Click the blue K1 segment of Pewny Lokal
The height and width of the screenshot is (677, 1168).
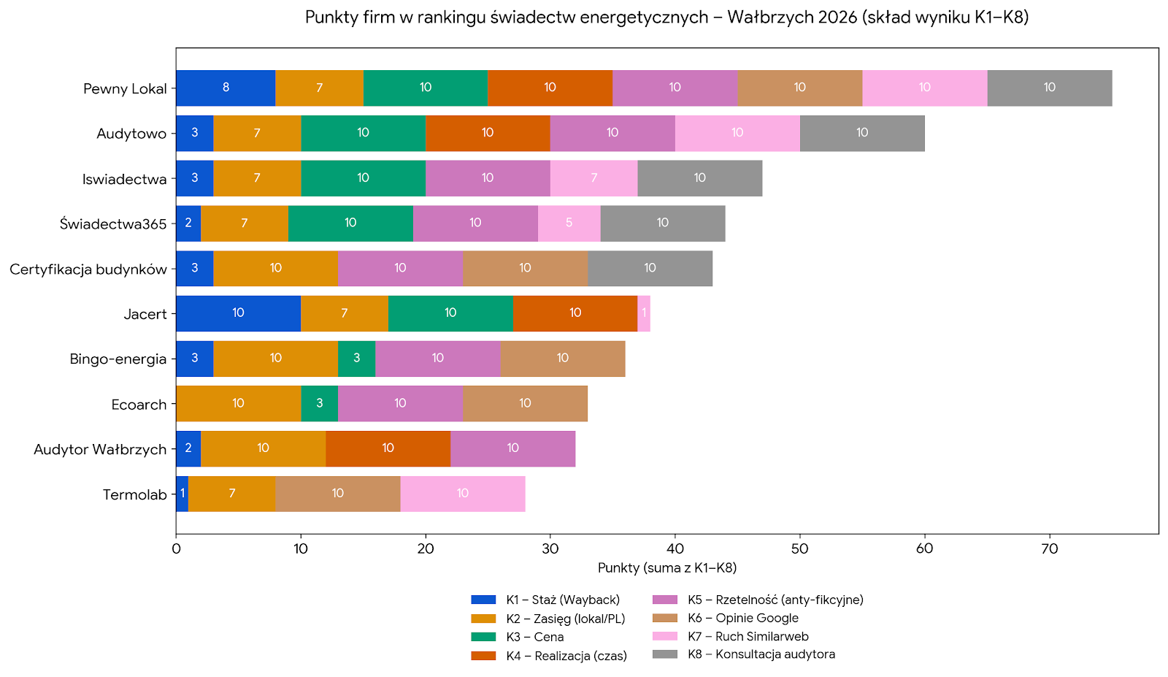(x=226, y=88)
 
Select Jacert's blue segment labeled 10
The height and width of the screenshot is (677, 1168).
(x=238, y=313)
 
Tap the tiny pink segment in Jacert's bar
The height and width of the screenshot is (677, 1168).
(x=644, y=313)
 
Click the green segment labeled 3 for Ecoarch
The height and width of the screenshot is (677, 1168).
(x=319, y=404)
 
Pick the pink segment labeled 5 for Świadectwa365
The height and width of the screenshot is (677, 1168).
(x=569, y=223)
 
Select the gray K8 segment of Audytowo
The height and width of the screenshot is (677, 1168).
(x=862, y=133)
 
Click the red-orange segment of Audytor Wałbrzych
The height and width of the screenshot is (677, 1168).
(x=388, y=448)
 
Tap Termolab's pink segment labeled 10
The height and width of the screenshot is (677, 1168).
(x=462, y=494)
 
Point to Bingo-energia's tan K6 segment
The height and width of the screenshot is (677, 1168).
(x=562, y=359)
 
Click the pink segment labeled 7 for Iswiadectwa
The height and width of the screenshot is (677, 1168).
(x=593, y=178)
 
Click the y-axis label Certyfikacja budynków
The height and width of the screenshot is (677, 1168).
(x=88, y=269)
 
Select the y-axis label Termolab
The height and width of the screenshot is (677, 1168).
(x=134, y=495)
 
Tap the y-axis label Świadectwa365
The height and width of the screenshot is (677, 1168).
(x=113, y=224)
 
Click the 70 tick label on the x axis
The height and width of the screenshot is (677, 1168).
(x=1049, y=548)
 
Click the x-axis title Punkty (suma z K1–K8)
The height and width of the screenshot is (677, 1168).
(x=666, y=568)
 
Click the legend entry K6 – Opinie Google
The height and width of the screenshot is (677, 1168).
(x=742, y=618)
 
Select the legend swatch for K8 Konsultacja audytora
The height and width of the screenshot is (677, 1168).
(x=664, y=654)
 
